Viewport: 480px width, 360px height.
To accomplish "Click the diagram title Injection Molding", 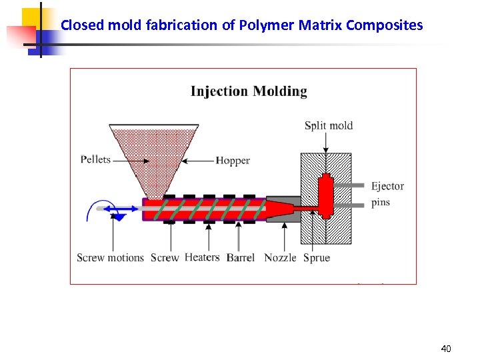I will (x=249, y=92).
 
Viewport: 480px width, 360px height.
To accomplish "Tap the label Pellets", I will (x=95, y=160).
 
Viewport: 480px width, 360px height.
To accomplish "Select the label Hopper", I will (x=233, y=161).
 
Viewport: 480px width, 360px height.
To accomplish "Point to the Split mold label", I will (x=329, y=125).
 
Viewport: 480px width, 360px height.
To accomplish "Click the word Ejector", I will (x=387, y=186).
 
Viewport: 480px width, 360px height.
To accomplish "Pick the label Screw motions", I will (x=110, y=258).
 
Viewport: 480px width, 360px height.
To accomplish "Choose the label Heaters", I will (x=202, y=257).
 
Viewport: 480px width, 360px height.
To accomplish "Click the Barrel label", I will (x=241, y=258).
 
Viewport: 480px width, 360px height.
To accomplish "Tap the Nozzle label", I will (x=280, y=258).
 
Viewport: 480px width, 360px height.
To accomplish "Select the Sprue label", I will (x=317, y=258).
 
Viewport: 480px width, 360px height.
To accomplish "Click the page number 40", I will (x=446, y=349).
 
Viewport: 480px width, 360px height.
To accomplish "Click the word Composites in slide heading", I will (x=389, y=26).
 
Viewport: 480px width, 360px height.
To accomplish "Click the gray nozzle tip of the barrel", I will (x=284, y=208).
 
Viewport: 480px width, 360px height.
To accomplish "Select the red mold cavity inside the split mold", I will (x=327, y=193).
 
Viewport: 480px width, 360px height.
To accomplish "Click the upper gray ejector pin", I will (x=357, y=185).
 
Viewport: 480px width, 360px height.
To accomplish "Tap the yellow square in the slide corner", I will (x=31, y=19).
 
